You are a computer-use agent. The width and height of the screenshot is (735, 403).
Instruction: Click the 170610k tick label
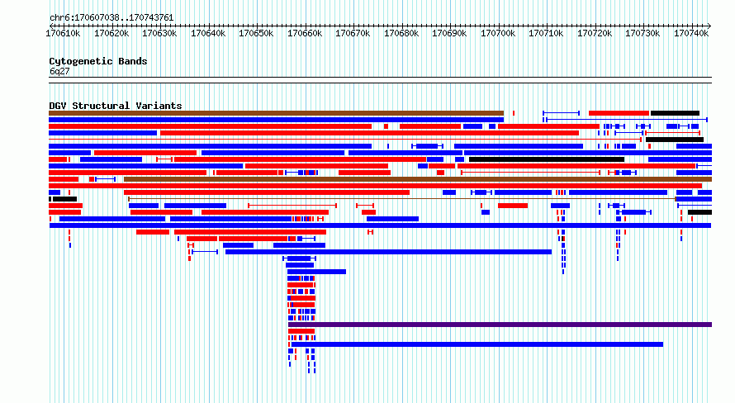pos(63,33)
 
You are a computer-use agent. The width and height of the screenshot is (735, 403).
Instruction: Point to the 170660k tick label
pos(305,33)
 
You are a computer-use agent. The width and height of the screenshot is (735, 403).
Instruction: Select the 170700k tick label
pos(498,33)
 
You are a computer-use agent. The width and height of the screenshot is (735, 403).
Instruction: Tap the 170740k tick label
pos(691,33)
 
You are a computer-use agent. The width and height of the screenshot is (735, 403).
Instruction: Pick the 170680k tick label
pos(401,33)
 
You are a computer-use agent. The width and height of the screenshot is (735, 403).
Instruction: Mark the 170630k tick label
pos(159,33)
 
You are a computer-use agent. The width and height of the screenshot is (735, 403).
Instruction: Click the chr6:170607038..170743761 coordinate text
pos(111,18)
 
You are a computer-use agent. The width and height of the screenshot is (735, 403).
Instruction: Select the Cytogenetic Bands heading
pos(98,61)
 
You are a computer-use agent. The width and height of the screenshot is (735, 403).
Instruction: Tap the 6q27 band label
pos(59,71)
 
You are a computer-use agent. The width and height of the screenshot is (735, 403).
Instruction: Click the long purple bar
pos(500,325)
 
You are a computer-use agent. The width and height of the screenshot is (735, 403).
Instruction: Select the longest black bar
pos(547,159)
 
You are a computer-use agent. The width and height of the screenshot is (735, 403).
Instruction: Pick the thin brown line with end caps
pos(402,199)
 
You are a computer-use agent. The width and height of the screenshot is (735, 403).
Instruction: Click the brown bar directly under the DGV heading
pos(277,113)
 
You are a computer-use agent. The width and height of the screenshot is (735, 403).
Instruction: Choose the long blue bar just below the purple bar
pos(477,344)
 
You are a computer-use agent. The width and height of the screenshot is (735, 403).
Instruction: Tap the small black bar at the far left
pos(64,199)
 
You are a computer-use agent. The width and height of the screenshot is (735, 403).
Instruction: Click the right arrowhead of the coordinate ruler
pos(709,26)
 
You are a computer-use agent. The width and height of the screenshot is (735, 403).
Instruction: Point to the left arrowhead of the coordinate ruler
pos(51,26)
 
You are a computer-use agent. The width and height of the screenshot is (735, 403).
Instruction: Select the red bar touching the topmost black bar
pos(619,113)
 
